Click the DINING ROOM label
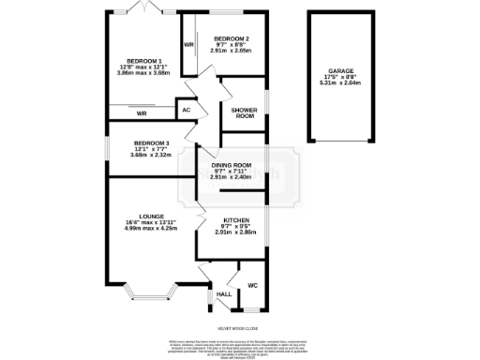point(230,164)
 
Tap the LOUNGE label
point(150,215)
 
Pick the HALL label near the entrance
point(224,294)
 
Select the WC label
point(252,285)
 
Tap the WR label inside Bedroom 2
point(188,45)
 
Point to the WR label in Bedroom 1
point(142,113)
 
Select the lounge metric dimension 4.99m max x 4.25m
point(150,228)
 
